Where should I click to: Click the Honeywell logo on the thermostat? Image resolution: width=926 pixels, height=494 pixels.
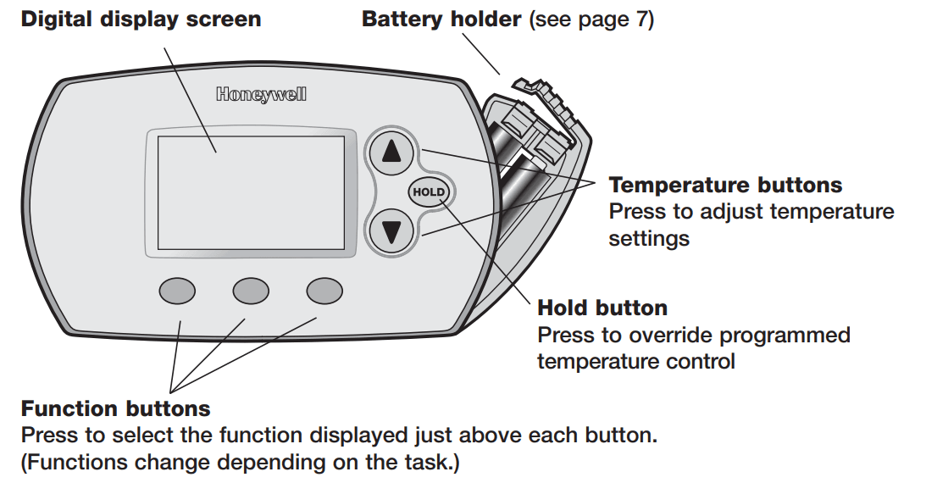[260, 95]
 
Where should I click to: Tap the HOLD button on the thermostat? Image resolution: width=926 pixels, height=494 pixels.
[428, 192]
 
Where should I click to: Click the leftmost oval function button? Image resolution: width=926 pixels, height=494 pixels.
[177, 291]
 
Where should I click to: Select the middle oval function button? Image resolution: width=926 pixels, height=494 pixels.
[251, 291]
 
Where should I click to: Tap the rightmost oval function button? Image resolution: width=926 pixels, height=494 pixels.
[324, 291]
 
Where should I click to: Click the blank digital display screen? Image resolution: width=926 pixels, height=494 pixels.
[251, 192]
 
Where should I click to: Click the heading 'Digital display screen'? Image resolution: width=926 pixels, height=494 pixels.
[141, 19]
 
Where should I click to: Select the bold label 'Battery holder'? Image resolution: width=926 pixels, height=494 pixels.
[441, 19]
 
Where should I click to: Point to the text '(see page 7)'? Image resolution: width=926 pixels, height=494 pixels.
[591, 19]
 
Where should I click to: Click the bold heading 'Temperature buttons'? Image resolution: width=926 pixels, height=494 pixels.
[725, 185]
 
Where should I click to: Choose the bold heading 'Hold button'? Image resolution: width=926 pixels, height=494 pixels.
[602, 308]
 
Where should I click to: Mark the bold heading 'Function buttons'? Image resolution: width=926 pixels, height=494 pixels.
[115, 408]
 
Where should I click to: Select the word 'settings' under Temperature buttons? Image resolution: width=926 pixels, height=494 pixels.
[648, 239]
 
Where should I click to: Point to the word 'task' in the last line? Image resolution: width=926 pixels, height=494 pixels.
[430, 463]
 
